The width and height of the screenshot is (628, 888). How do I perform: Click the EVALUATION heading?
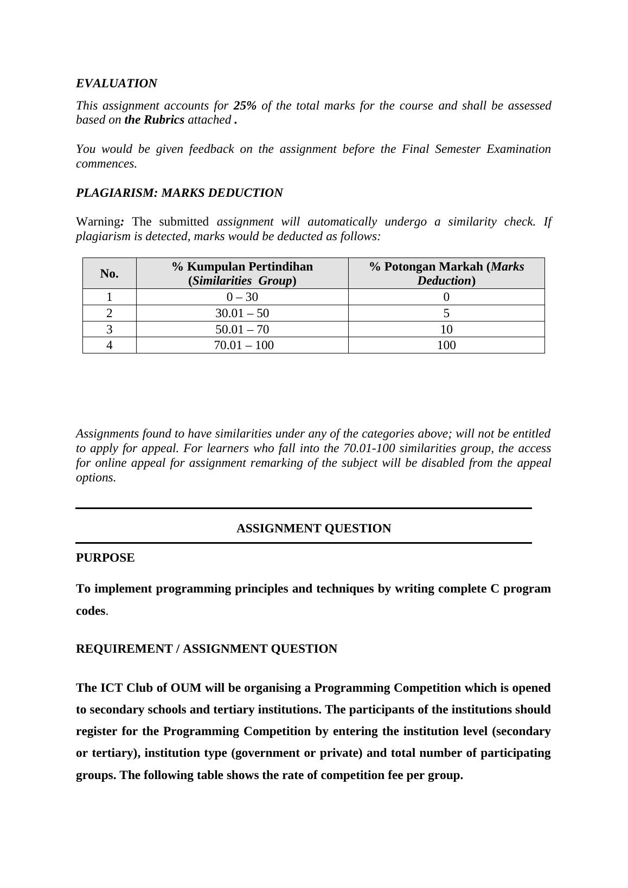[116, 83]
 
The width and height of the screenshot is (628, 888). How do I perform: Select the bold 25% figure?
[245, 106]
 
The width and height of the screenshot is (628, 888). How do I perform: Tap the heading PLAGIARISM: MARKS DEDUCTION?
[179, 193]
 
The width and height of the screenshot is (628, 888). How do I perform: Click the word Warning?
[98, 222]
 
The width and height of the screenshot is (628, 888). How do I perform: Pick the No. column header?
[109, 274]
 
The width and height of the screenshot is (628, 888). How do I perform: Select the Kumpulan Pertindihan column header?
[242, 273]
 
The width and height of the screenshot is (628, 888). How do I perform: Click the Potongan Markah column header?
[446, 273]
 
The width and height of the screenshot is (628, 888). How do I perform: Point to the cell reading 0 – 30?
[242, 297]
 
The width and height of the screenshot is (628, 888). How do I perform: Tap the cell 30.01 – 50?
[242, 313]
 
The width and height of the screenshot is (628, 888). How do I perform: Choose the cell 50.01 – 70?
[242, 330]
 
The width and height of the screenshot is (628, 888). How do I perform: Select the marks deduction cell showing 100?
[446, 345]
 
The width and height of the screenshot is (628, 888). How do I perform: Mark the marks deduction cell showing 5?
[446, 313]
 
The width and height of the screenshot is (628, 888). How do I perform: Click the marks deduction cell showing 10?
[446, 330]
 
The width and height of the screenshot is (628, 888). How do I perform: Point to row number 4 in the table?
[110, 345]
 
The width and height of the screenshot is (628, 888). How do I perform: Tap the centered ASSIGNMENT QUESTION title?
[313, 529]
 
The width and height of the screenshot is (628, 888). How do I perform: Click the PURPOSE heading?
[105, 558]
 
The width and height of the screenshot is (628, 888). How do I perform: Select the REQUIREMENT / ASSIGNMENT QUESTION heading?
[206, 649]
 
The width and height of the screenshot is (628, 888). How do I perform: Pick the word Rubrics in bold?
[164, 120]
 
